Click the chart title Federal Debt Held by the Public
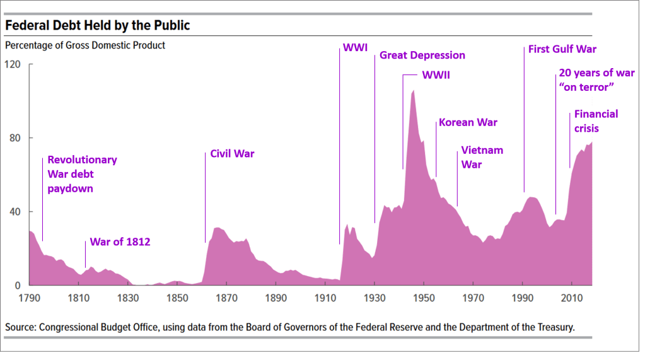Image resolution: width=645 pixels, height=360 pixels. click(98, 26)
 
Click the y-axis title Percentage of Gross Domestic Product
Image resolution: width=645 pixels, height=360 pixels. click(85, 45)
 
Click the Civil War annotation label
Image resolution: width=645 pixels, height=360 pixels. click(232, 153)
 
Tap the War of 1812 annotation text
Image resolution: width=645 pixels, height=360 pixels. click(120, 241)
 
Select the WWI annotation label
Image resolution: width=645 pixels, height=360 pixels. click(355, 48)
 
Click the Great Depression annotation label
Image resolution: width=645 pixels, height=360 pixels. click(422, 55)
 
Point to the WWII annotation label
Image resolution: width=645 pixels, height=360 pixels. click(436, 75)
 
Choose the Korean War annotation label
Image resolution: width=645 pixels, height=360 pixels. click(468, 122)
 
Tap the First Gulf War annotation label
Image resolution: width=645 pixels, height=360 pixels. click(562, 49)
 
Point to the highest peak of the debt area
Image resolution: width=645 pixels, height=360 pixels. click(413, 91)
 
